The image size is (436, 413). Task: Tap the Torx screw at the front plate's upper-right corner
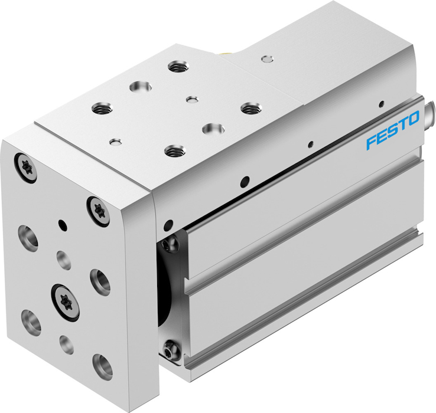click(99, 211)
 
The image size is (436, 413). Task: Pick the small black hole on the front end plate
click(62, 225)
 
